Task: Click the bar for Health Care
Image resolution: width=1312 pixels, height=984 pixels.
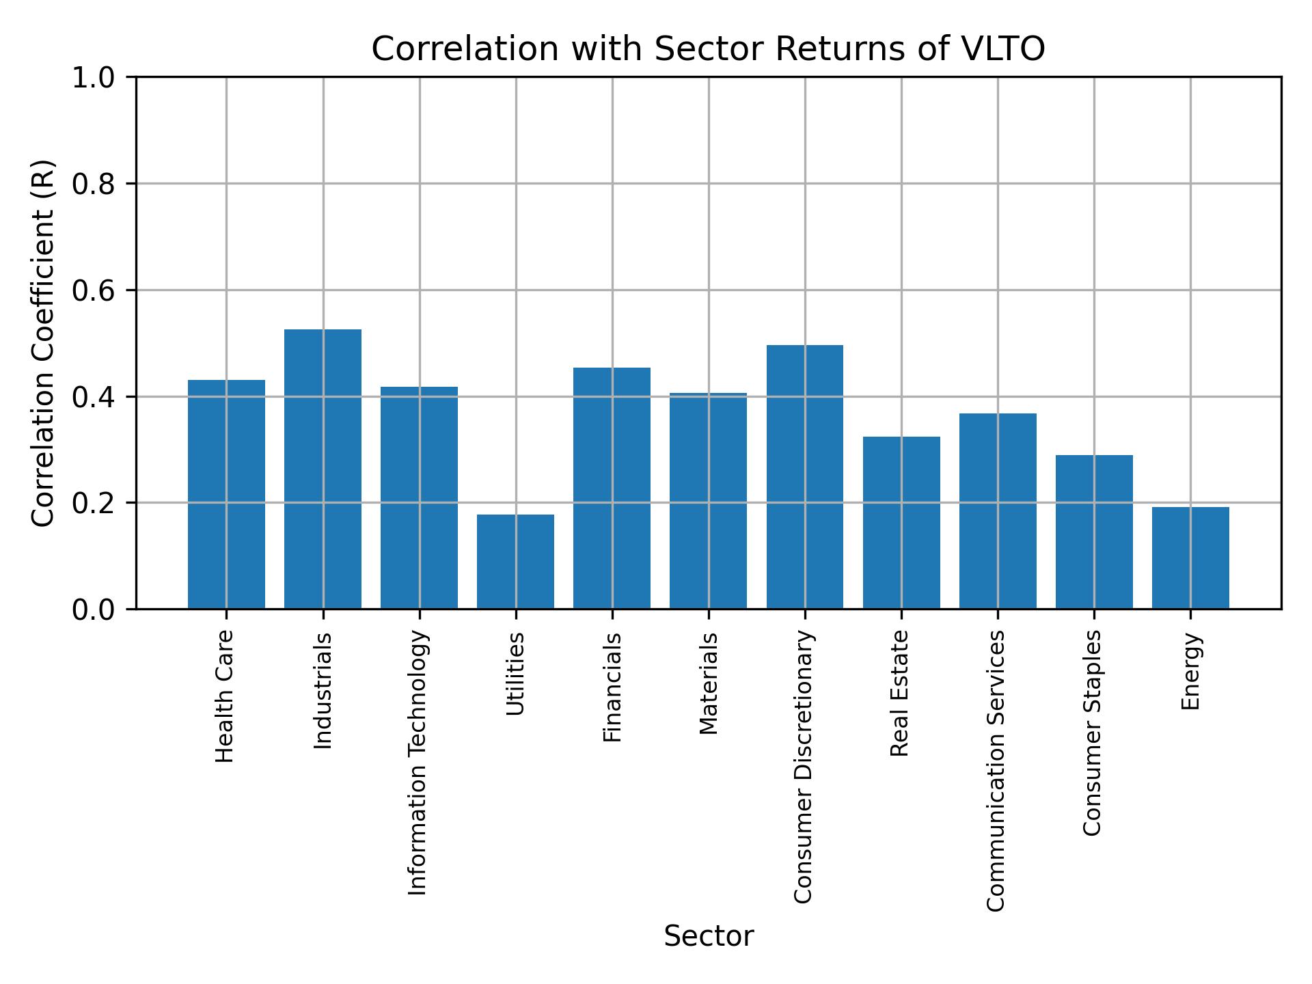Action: coord(226,494)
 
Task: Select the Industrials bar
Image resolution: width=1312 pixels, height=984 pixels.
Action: coord(323,469)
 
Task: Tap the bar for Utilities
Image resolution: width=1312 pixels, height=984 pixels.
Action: coord(515,561)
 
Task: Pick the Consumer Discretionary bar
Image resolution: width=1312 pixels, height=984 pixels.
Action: coord(804,477)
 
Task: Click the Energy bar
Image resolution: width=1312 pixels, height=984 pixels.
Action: coord(1190,558)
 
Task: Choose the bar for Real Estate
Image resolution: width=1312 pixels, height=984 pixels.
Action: coord(901,522)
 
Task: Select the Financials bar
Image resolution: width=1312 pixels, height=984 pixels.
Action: coord(612,488)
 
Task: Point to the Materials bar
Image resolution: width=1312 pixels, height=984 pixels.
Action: coord(708,500)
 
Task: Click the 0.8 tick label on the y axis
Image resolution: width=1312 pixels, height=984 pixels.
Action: coord(93,184)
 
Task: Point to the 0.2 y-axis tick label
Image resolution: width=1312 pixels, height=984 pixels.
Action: coord(93,503)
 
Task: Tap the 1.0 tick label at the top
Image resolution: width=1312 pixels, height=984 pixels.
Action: coord(93,78)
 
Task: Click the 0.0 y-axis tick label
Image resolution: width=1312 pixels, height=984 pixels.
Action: coord(93,609)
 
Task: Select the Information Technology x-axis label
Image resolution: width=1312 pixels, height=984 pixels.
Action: coord(418,763)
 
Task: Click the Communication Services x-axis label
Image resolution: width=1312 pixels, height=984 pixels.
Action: coord(996,770)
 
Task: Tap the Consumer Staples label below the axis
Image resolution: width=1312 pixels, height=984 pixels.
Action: coord(1093,733)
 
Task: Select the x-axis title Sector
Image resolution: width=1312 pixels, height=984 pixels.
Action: coord(709,936)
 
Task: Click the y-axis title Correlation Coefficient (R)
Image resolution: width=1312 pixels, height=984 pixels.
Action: coord(43,343)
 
